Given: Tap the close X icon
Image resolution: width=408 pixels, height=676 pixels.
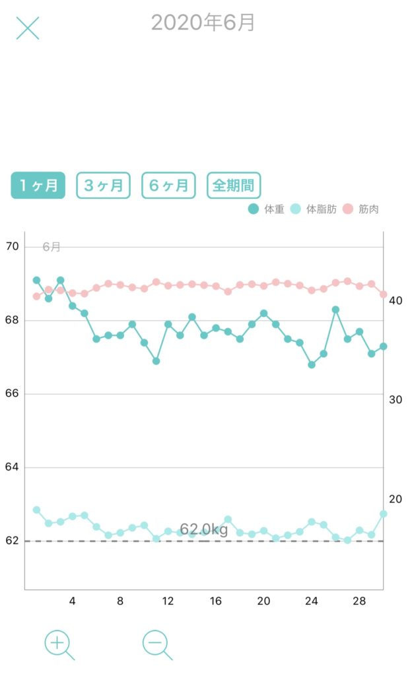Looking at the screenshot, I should [28, 28].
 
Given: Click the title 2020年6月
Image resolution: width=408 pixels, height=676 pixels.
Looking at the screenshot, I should [203, 23].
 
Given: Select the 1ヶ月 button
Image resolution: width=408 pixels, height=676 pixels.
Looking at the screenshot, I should [38, 186].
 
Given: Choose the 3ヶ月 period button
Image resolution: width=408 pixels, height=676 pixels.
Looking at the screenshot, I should [104, 186].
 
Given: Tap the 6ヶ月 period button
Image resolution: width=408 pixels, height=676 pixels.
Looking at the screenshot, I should [168, 186].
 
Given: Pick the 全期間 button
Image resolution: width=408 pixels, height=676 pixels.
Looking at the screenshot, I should [234, 186].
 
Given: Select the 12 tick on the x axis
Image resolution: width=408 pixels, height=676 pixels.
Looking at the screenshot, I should [168, 601].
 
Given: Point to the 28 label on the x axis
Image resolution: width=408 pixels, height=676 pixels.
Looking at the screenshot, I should [359, 601].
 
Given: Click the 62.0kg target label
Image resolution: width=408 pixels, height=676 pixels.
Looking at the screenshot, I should [203, 529].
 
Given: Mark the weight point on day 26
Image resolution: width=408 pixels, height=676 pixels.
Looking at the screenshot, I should [335, 310].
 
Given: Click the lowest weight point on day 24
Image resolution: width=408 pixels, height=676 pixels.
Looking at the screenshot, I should [312, 364].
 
